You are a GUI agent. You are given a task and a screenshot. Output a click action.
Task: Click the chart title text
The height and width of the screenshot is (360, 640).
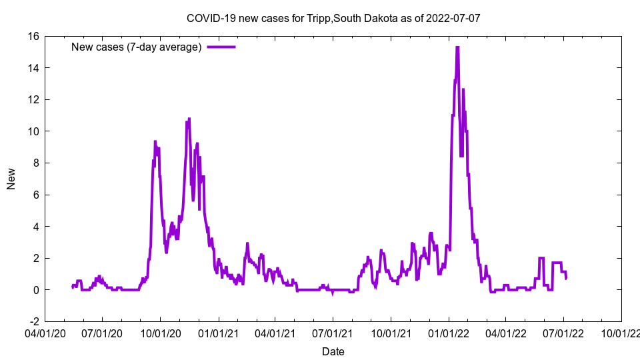[333, 18]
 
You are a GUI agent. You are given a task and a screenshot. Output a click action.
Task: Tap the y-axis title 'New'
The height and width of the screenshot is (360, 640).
[11, 179]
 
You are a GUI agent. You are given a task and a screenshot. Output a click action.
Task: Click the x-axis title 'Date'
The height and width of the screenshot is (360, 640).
[333, 351]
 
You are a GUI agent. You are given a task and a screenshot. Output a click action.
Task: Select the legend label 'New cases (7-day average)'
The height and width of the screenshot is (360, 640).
[136, 47]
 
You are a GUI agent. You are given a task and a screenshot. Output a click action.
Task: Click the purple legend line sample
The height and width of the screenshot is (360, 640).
[221, 47]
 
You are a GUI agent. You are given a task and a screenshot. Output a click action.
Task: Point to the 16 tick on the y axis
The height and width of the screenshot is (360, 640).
[33, 36]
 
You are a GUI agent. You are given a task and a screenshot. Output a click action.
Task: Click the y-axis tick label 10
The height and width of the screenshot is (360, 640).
[33, 131]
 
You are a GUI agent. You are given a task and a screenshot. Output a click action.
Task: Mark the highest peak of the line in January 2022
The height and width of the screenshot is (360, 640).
[457, 47]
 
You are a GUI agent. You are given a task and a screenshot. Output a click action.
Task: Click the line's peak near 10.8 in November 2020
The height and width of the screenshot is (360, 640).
[189, 119]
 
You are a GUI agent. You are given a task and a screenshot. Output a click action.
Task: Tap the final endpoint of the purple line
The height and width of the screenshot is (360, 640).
[566, 278]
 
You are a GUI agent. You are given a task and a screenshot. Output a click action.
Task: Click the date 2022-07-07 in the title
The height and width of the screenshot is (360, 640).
[455, 18]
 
